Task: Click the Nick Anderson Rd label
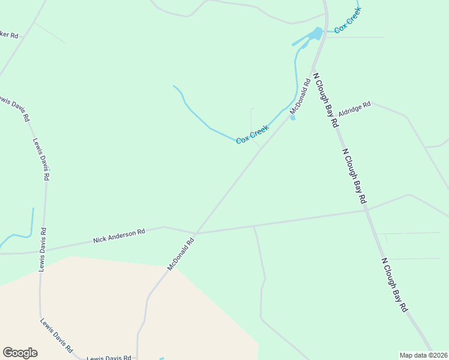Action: click(x=119, y=235)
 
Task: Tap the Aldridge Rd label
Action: click(x=354, y=109)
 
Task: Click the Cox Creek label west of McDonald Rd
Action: click(x=252, y=134)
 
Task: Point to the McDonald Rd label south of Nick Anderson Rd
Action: click(x=181, y=254)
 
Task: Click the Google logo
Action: click(x=20, y=352)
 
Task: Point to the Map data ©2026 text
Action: click(x=423, y=355)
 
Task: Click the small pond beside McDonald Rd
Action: click(x=293, y=117)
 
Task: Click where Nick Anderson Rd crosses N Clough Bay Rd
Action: click(x=367, y=209)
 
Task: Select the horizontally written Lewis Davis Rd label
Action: click(x=109, y=358)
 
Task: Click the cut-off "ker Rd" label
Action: click(x=9, y=35)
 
